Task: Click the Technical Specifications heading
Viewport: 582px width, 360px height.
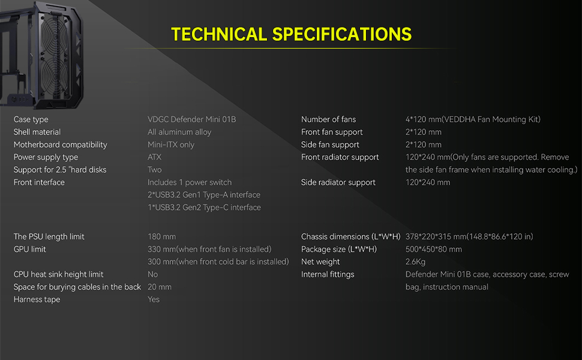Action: point(291,34)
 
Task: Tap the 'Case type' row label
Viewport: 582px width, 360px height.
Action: point(31,119)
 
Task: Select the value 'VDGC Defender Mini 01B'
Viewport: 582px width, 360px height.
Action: point(191,119)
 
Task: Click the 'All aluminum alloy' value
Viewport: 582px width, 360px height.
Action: point(179,132)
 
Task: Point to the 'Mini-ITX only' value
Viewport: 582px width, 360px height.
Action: point(171,145)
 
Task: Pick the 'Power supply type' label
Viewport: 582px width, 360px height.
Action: point(46,157)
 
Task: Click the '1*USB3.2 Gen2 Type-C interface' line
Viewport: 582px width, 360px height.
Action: point(204,208)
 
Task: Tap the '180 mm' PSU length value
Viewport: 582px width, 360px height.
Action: point(161,236)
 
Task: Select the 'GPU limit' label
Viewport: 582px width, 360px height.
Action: point(29,249)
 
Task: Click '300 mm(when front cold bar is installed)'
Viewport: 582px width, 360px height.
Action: point(218,262)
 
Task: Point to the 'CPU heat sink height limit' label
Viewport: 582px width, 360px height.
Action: point(59,274)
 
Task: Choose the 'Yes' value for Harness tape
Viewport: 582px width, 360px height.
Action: point(154,299)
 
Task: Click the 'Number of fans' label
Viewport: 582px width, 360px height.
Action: point(328,119)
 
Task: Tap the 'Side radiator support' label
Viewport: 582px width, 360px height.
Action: point(338,182)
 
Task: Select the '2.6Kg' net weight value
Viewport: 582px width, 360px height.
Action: point(415,262)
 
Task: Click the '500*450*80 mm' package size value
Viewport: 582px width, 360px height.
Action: point(434,249)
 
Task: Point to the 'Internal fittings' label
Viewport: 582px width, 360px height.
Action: point(328,274)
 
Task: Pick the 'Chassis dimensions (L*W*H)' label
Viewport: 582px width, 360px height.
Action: point(350,236)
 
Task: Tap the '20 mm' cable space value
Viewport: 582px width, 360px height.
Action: point(160,287)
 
